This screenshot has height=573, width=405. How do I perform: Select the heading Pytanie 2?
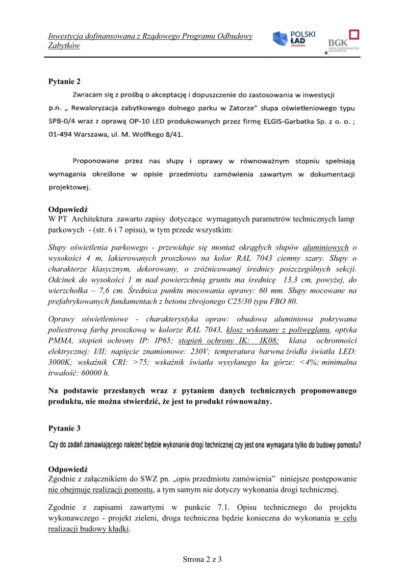pyautogui.click(x=64, y=81)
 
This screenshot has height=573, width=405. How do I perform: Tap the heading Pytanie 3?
pyautogui.click(x=64, y=428)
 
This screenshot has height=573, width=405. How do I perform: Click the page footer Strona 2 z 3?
pyautogui.click(x=202, y=559)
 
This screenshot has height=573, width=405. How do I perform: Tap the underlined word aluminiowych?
pyautogui.click(x=325, y=247)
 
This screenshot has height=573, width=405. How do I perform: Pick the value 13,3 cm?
pyautogui.click(x=294, y=280)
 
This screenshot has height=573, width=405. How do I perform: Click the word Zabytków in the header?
pyautogui.click(x=64, y=46)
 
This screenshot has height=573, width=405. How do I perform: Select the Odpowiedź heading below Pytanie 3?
pyautogui.click(x=68, y=468)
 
